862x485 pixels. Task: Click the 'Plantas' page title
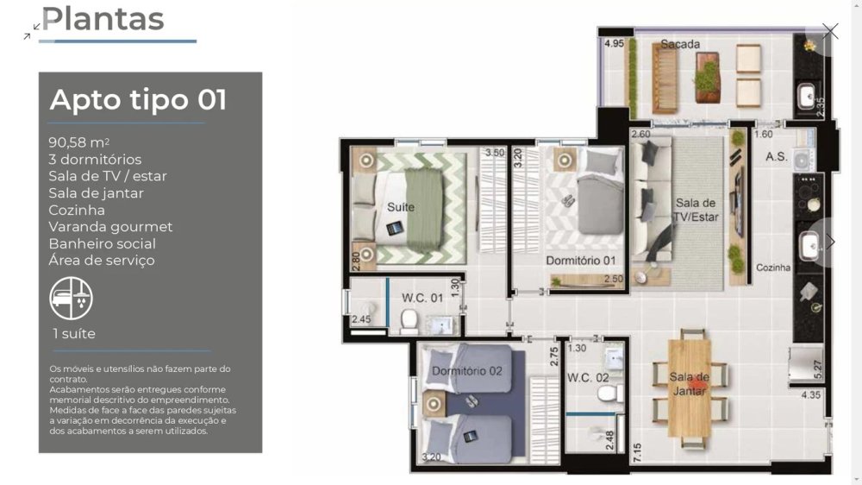click(103, 19)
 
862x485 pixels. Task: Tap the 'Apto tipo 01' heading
click(138, 99)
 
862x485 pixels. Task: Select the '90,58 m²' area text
click(78, 142)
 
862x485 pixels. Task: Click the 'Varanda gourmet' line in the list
click(110, 227)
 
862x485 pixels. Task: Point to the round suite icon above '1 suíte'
click(71, 299)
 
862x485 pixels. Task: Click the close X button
click(830, 31)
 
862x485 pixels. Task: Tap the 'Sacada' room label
click(680, 44)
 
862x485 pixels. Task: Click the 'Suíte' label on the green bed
click(401, 207)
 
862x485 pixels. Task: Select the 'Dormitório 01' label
click(580, 261)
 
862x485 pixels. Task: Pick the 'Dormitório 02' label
click(466, 371)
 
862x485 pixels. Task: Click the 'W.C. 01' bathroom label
click(422, 298)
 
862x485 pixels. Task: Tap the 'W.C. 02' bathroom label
click(588, 378)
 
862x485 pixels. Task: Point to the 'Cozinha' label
click(773, 268)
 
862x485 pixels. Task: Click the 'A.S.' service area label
click(777, 157)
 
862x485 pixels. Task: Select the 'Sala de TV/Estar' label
click(696, 210)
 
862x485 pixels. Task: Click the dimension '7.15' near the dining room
click(637, 452)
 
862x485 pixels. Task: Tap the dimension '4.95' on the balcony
click(614, 43)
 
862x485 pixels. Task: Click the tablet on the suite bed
click(395, 227)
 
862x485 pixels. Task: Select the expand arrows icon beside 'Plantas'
click(32, 31)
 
